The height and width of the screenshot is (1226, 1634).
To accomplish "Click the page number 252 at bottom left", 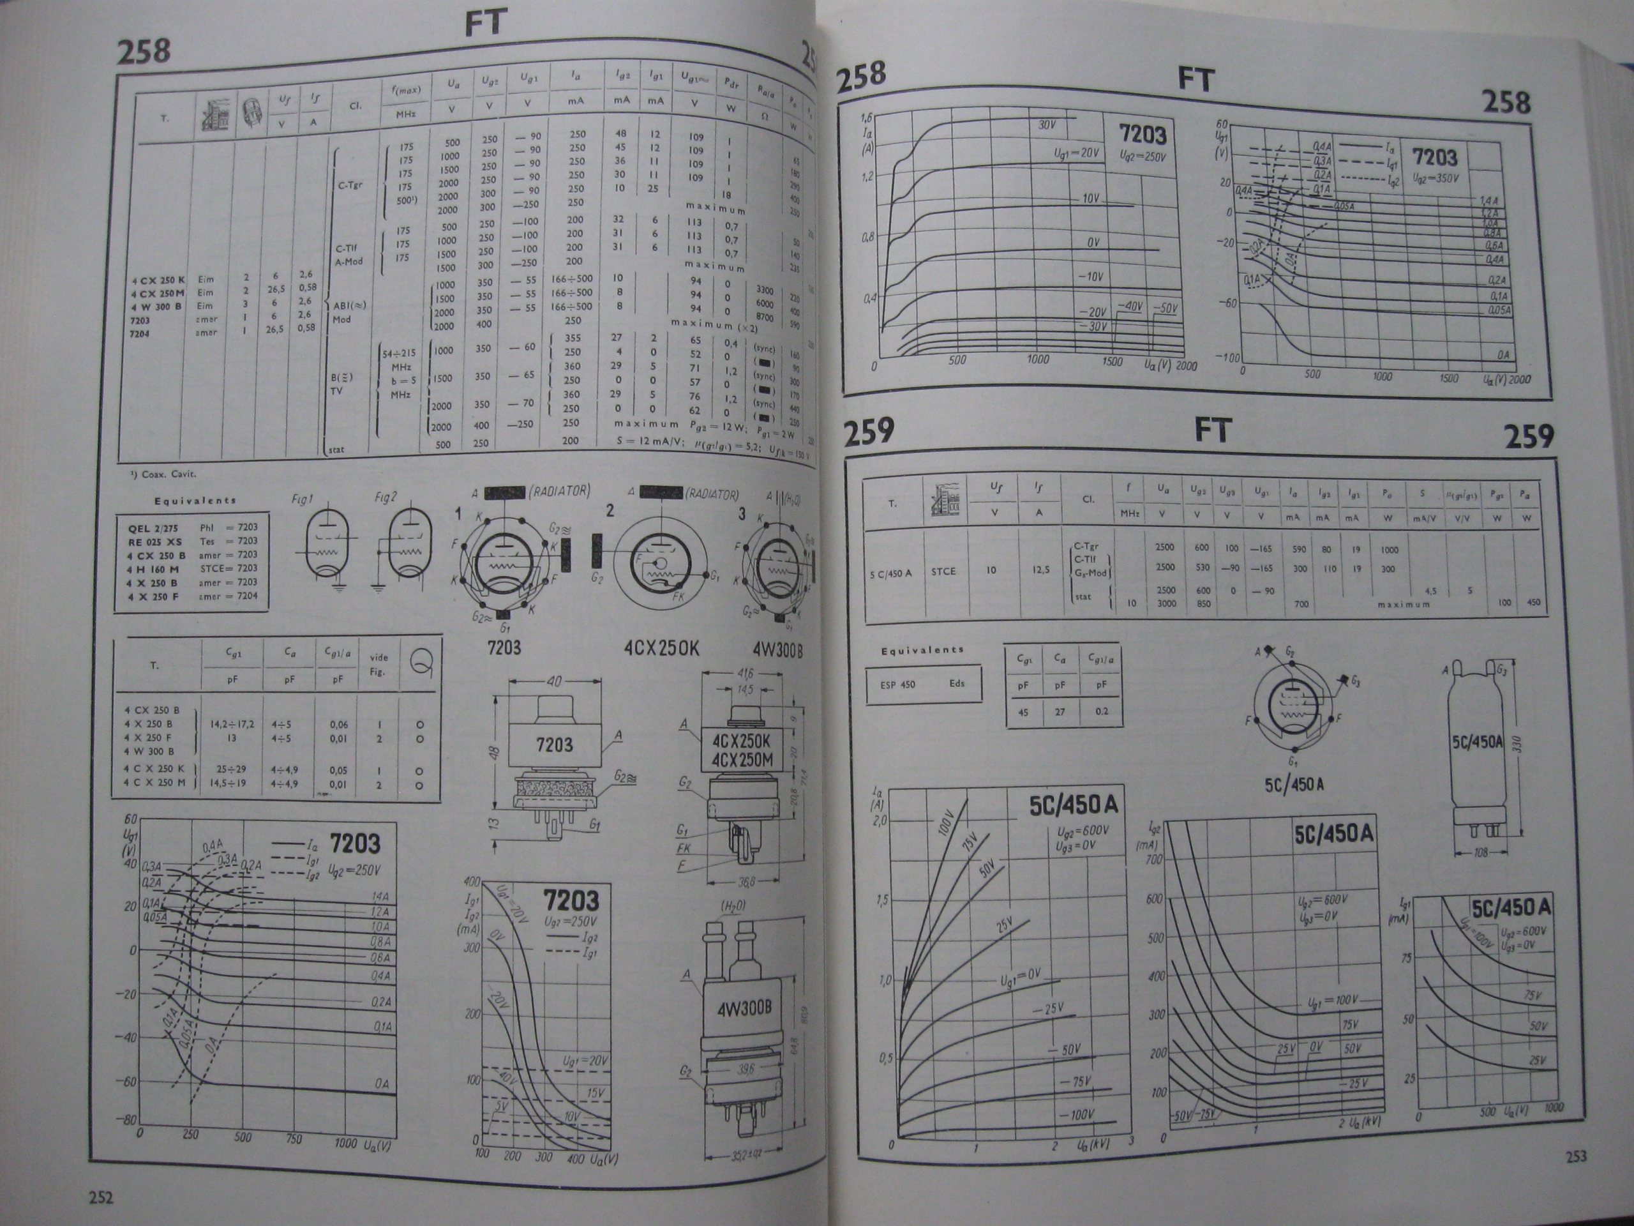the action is [x=101, y=1197].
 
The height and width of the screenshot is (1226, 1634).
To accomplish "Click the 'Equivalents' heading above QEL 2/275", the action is [x=195, y=501].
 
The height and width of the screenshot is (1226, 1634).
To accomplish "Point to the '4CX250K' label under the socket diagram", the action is [x=659, y=648].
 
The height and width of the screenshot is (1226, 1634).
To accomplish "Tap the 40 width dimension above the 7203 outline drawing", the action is [x=554, y=681].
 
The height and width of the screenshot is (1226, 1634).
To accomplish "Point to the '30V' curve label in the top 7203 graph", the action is [x=1047, y=125].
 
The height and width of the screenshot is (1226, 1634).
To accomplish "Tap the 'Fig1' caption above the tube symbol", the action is [x=303, y=499].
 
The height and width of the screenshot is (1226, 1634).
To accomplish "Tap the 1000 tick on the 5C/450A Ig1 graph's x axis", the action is [x=1554, y=1108].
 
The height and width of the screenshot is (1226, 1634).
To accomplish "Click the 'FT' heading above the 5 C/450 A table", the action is [x=1211, y=431].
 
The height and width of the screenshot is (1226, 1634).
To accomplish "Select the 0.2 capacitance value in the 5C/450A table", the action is [x=1102, y=712].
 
